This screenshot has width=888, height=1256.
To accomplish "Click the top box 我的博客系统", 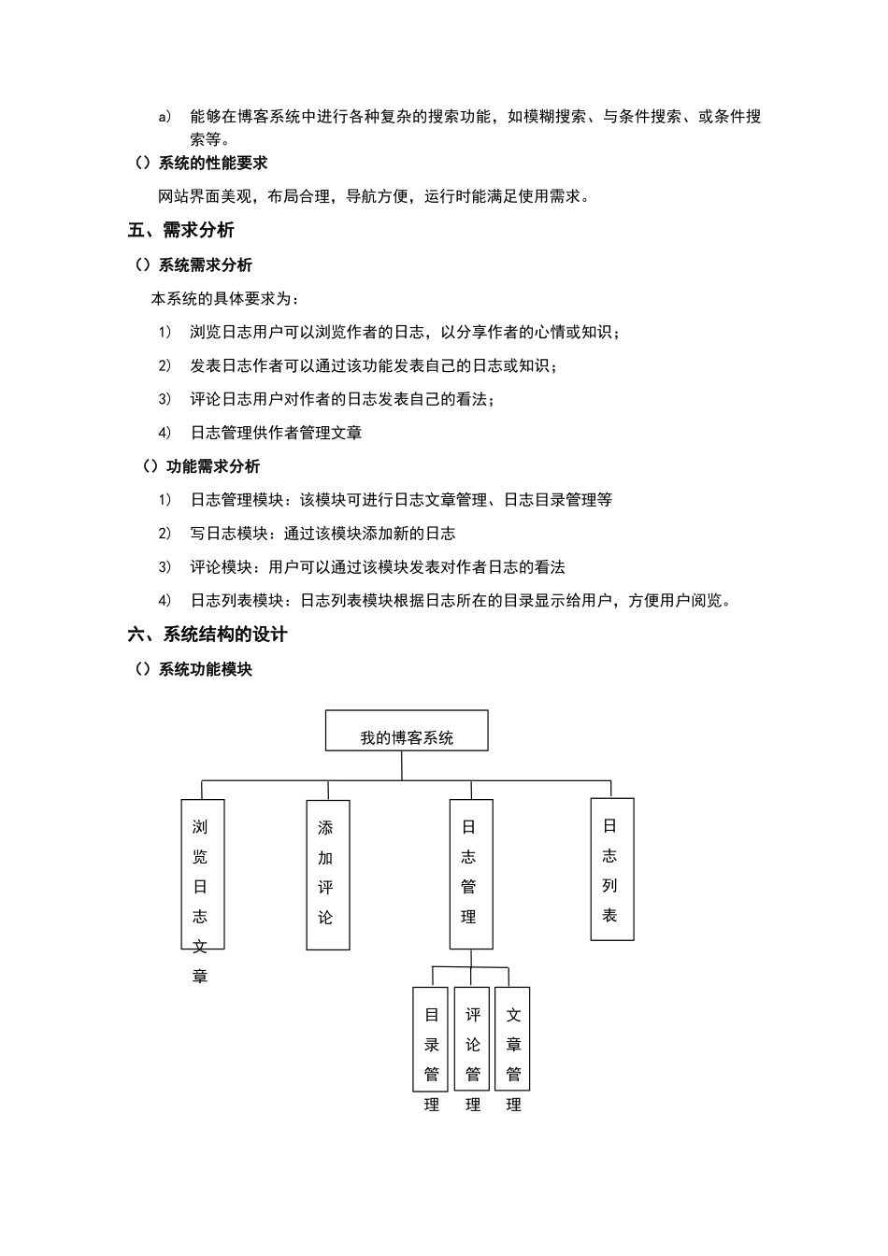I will click(x=407, y=731).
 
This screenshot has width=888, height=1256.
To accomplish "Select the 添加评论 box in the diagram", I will click(x=327, y=874).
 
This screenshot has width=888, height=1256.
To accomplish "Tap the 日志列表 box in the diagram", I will click(x=611, y=869).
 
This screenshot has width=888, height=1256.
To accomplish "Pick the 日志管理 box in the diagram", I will click(x=470, y=874).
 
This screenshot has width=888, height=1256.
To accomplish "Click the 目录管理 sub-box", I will click(x=431, y=1039).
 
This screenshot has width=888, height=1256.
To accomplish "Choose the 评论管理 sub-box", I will click(x=472, y=1039).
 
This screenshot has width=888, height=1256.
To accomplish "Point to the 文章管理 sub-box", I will click(x=512, y=1039).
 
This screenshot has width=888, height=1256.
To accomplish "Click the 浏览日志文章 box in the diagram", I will click(x=202, y=874).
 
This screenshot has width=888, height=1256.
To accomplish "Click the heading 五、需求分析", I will click(x=181, y=230).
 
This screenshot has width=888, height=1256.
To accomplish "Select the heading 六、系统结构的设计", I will click(x=208, y=635).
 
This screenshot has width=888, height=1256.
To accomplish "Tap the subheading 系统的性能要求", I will click(x=212, y=164).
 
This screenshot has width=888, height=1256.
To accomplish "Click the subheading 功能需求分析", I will click(x=212, y=466).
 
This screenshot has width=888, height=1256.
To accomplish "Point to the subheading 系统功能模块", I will click(x=205, y=669).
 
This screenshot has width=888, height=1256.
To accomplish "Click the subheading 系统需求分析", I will click(x=205, y=265).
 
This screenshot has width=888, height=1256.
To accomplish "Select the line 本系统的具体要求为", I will click(x=226, y=299).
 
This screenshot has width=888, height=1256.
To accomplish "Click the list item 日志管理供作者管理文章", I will click(x=276, y=433).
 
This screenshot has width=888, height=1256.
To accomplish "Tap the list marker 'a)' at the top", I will click(x=165, y=117).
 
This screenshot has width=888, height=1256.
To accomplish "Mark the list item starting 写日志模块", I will click(x=322, y=534).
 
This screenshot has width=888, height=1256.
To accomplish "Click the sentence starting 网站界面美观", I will click(x=374, y=196).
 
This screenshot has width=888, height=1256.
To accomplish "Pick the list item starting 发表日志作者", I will click(x=374, y=365).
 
